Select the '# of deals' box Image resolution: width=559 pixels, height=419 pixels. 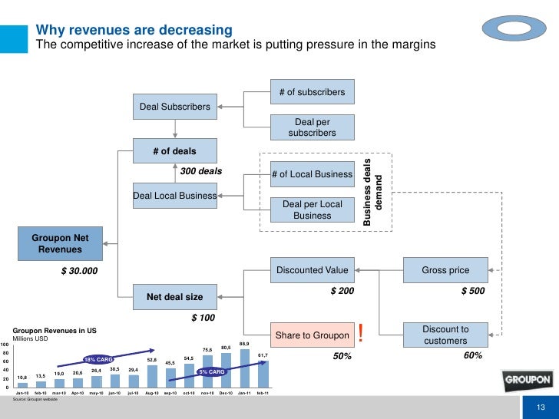tap(175, 149)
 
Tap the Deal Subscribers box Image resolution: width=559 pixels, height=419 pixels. tap(174, 107)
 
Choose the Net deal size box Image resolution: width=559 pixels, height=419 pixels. tap(175, 296)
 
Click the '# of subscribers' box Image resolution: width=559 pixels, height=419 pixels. tap(312, 93)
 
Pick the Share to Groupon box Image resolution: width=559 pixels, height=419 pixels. tap(312, 335)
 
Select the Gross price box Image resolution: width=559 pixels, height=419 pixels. tap(445, 270)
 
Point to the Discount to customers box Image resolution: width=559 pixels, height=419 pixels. tap(445, 335)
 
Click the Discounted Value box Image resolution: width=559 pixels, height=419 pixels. tap(312, 270)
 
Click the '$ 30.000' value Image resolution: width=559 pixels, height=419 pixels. tap(80, 271)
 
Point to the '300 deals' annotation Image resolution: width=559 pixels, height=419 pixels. tap(200, 170)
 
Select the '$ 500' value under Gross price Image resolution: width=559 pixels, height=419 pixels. tap(472, 292)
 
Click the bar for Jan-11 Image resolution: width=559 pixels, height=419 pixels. tap(244, 368)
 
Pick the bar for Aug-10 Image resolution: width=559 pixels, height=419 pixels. tap(152, 375)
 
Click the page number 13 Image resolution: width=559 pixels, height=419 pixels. tap(541, 407)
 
